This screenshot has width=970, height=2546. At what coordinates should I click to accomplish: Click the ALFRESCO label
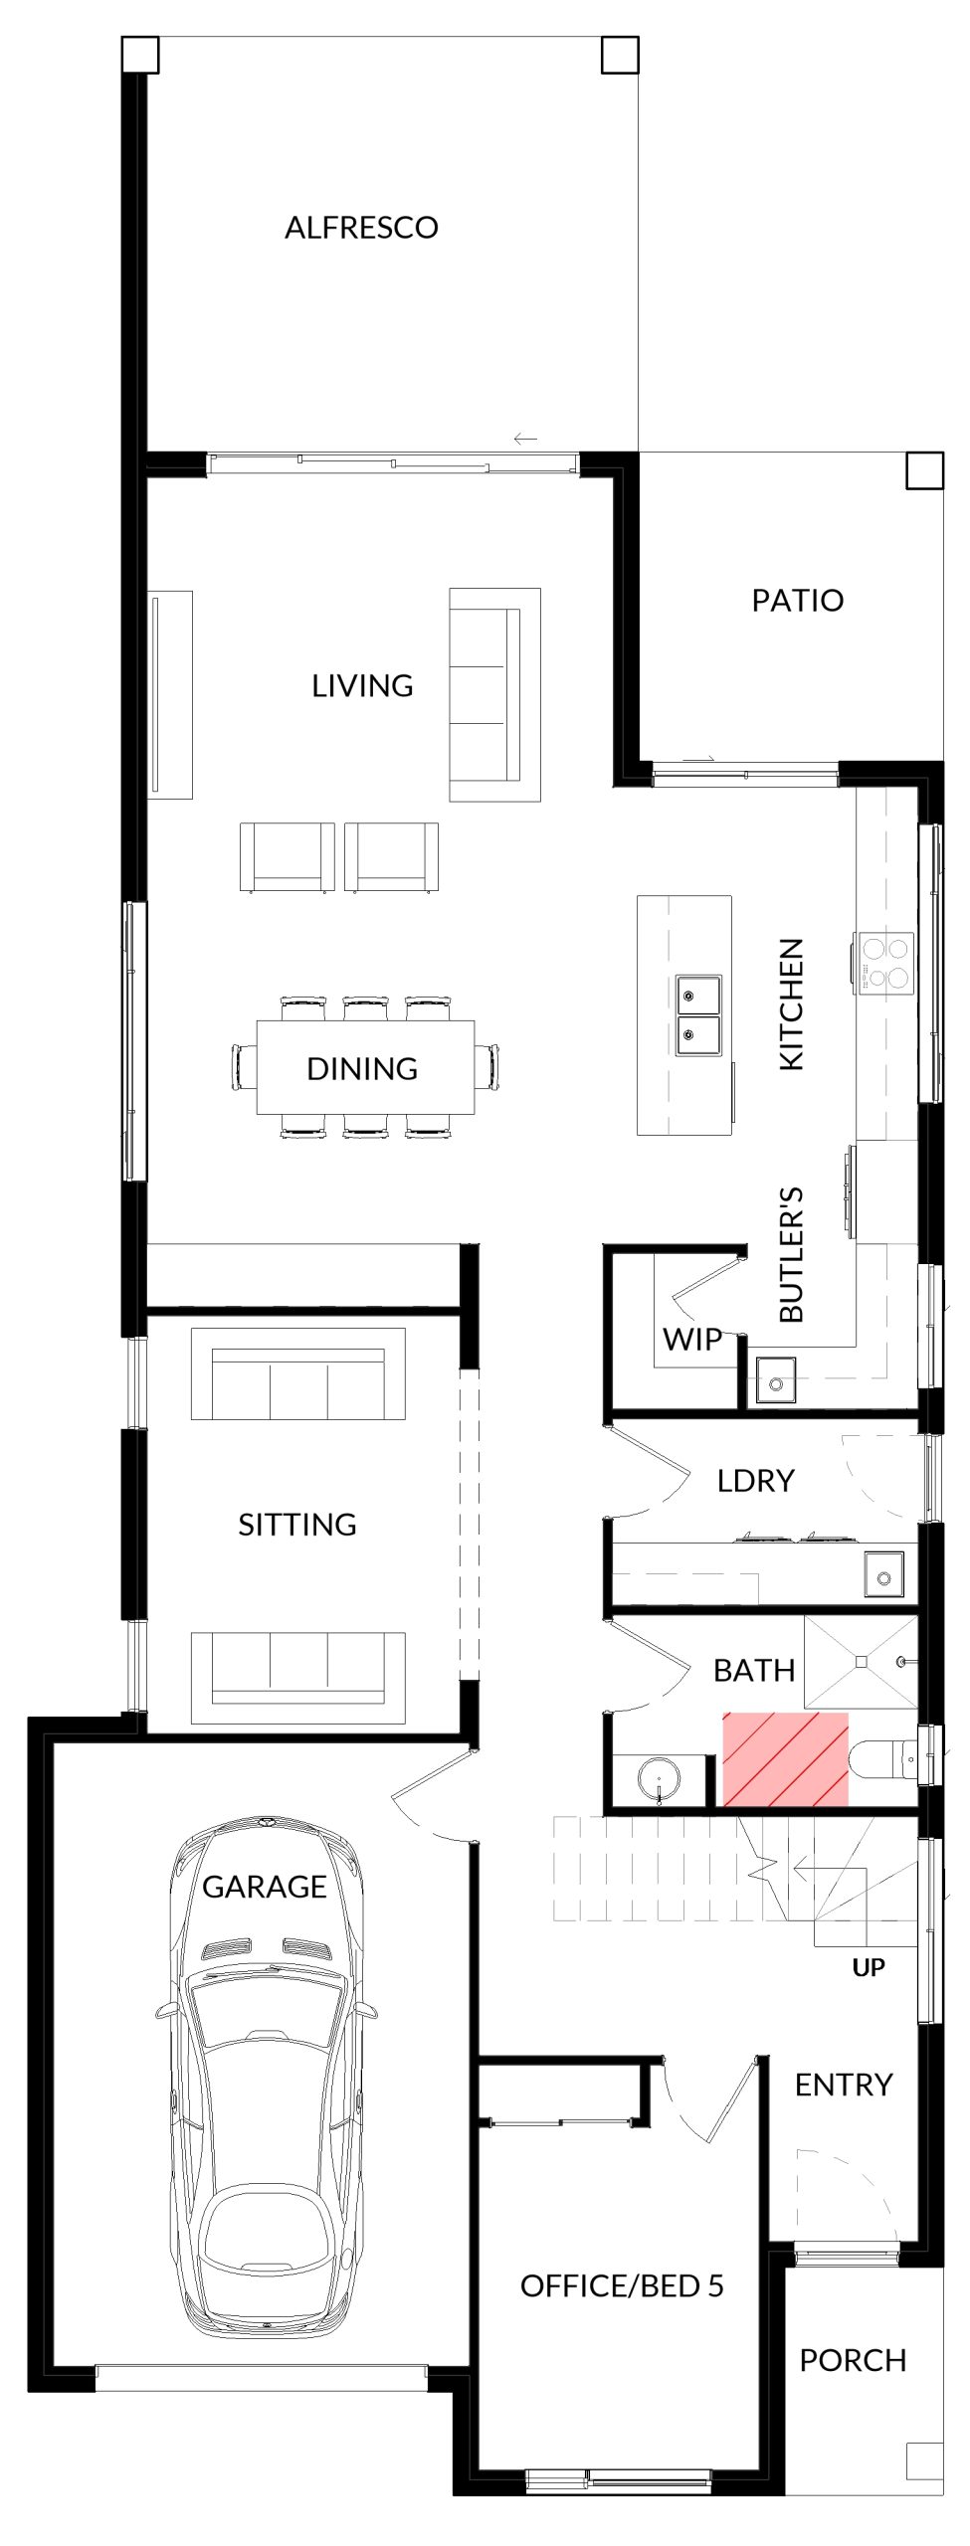[x=361, y=228]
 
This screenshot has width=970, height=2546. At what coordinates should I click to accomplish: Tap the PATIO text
[x=797, y=601]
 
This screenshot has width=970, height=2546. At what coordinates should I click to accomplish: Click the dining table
[x=365, y=1067]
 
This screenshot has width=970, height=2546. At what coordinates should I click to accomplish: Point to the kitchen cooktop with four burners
[x=883, y=962]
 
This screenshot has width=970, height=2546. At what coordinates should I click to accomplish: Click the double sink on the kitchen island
[x=699, y=1014]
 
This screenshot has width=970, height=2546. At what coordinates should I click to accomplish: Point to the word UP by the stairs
[x=868, y=1966]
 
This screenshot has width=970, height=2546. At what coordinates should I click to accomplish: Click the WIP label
[x=692, y=1339]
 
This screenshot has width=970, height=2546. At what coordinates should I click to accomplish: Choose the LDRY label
[x=755, y=1481]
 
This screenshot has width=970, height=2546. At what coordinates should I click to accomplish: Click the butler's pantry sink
[x=776, y=1380]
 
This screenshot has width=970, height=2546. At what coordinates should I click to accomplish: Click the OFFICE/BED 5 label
[x=622, y=2285]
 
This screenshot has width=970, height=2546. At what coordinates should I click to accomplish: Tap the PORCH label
[x=853, y=2360]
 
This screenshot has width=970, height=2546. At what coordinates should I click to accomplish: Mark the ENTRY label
[x=844, y=2085]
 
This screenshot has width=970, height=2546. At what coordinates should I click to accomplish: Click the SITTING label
[x=296, y=1525]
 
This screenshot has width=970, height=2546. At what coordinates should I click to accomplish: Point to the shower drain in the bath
[x=861, y=1661]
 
